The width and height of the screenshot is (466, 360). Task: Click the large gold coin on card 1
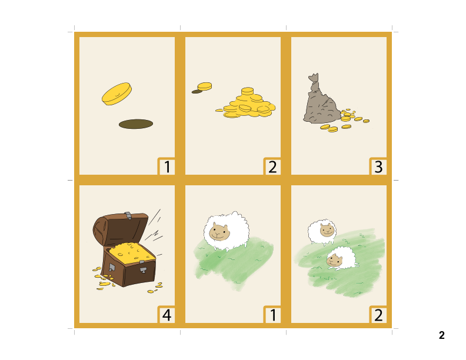[116, 94]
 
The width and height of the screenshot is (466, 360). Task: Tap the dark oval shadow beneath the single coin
[136, 124]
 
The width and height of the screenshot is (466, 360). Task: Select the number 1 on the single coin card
[167, 167]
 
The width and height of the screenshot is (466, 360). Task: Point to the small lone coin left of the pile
[204, 86]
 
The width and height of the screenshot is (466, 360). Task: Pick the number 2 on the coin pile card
[272, 167]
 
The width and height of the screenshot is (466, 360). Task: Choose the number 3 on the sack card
[378, 167]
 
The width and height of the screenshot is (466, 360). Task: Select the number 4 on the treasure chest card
[167, 315]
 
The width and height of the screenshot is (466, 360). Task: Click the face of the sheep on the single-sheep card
[219, 232]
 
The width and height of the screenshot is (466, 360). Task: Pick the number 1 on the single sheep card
[272, 315]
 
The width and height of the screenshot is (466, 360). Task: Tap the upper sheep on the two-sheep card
[322, 231]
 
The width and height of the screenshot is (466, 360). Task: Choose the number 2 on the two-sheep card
[378, 315]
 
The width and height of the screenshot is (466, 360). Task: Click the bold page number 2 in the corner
[441, 335]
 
